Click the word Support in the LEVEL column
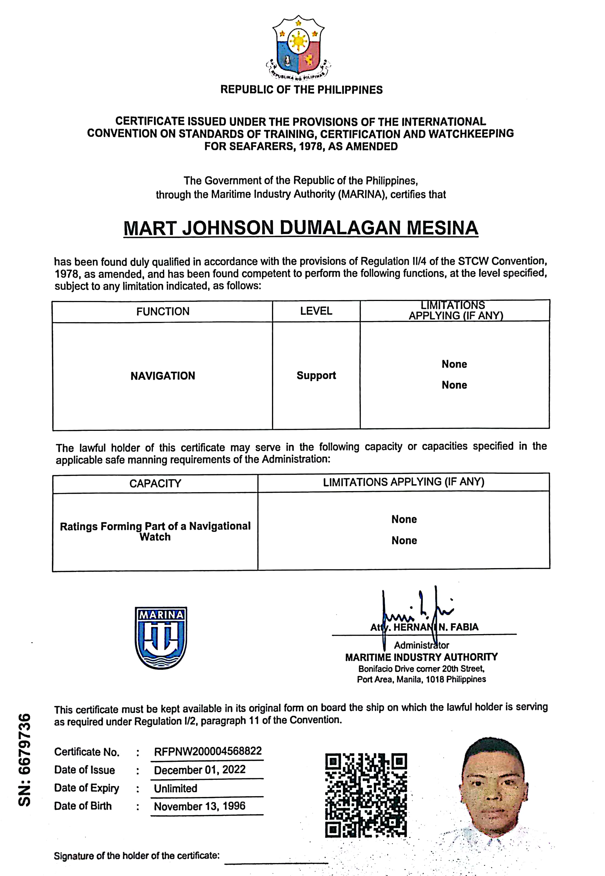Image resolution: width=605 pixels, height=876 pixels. pos(316,376)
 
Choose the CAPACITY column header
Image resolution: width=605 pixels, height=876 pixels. pos(155,483)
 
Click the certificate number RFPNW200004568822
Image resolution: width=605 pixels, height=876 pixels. pos(208,751)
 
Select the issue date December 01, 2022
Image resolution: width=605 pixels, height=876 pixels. pos(200,770)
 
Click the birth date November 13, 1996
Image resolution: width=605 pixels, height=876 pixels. pos(199,806)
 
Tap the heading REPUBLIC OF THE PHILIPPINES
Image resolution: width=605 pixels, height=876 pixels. pos(301,90)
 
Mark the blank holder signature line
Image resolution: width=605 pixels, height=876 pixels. pos(276,863)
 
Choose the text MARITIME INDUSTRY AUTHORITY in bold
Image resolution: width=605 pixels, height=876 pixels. pos(421,657)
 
